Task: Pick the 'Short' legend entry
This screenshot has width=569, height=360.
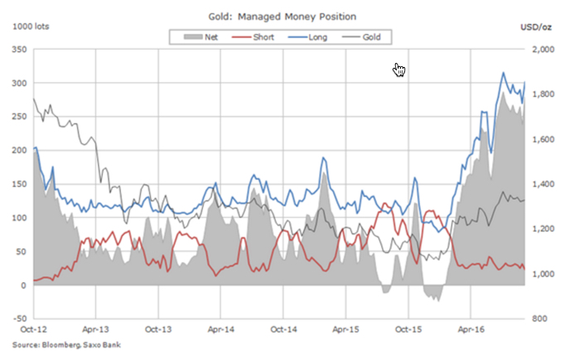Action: pyautogui.click(x=256, y=36)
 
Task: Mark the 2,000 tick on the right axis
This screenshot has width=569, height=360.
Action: pyautogui.click(x=543, y=50)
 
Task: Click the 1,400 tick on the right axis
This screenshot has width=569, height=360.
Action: pyautogui.click(x=543, y=184)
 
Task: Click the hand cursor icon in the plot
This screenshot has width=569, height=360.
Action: pyautogui.click(x=399, y=70)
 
